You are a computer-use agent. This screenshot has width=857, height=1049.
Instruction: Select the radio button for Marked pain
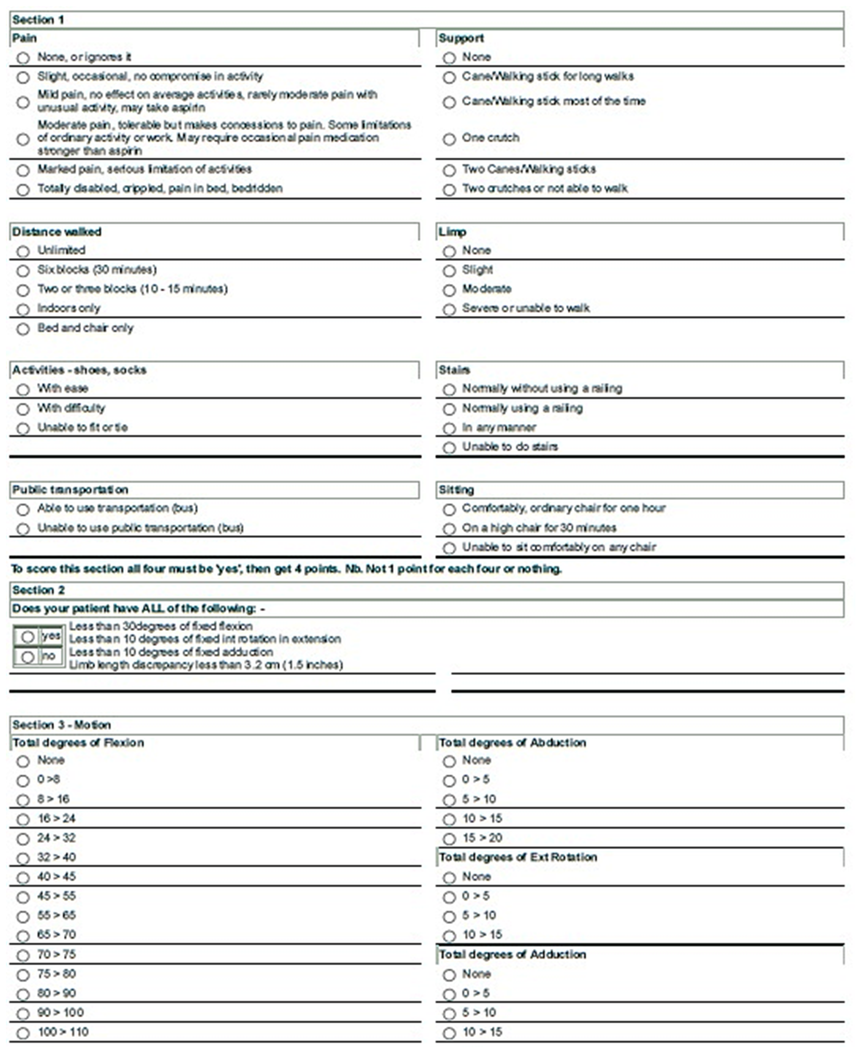[23, 171]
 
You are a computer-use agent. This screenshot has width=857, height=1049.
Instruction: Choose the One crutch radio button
[449, 139]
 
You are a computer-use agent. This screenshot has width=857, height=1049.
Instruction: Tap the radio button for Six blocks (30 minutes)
[23, 271]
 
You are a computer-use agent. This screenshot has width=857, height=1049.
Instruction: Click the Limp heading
[452, 232]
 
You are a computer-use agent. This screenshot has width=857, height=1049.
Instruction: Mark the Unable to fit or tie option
[23, 428]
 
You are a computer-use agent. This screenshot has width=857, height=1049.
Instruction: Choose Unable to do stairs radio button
[449, 447]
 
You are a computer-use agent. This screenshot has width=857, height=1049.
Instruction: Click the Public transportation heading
[70, 490]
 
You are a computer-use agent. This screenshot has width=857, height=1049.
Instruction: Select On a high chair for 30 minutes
[449, 529]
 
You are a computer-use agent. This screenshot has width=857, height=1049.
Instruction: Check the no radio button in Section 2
[28, 657]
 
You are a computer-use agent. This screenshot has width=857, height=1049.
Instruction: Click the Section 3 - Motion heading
[62, 725]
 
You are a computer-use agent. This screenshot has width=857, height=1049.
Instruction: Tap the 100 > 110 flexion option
[23, 1033]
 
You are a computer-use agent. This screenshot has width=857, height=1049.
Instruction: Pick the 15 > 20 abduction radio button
[449, 839]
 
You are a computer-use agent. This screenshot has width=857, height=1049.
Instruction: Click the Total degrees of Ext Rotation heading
[518, 857]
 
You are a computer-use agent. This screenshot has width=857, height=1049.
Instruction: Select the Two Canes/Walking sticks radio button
[449, 171]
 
